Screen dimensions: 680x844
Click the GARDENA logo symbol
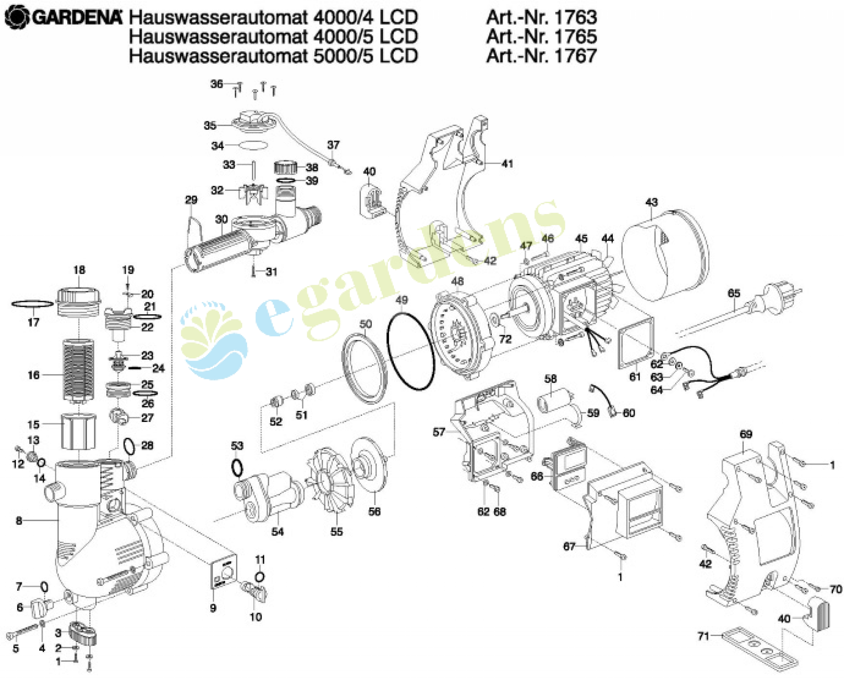[x=16, y=18]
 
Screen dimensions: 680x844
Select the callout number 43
[x=651, y=202]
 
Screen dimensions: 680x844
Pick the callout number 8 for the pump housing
[x=19, y=521]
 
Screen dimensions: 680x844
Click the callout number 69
[x=746, y=434]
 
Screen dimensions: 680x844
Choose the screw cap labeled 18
[x=79, y=301]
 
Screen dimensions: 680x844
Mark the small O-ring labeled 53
[x=236, y=468]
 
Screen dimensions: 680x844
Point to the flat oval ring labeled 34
[x=253, y=145]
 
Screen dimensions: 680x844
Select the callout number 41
[x=507, y=164]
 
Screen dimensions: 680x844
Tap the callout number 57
[x=439, y=433]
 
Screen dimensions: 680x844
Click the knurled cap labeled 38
[x=286, y=167]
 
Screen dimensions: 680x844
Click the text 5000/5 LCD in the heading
[x=365, y=56]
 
